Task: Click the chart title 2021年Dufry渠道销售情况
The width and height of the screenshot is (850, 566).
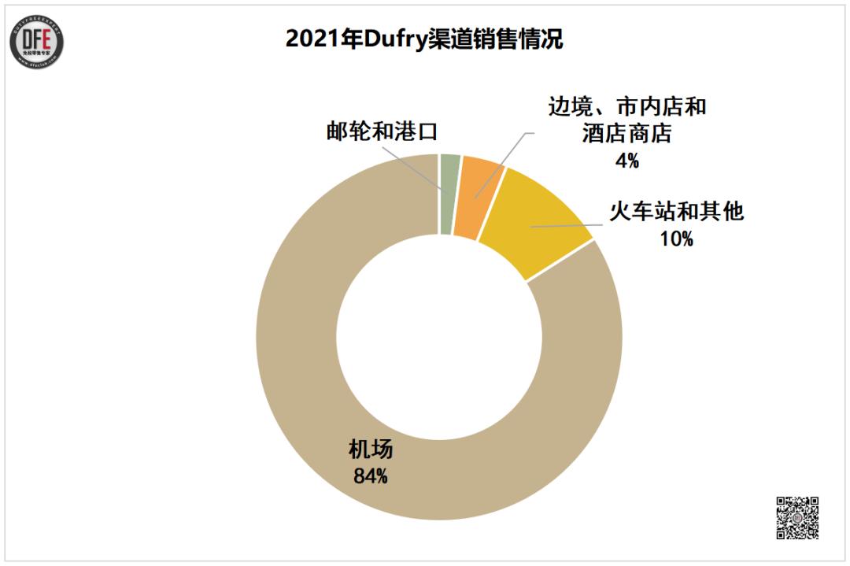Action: (x=424, y=39)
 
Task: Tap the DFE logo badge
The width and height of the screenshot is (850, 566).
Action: (x=37, y=40)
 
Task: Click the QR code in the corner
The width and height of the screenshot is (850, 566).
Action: (x=797, y=517)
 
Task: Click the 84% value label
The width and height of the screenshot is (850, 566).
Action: (x=371, y=475)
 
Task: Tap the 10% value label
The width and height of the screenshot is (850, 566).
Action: (x=677, y=239)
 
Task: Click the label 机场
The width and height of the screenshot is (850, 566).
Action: (x=371, y=451)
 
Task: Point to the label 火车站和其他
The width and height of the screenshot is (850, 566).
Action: (x=677, y=213)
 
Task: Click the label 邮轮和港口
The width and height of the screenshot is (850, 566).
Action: (x=382, y=131)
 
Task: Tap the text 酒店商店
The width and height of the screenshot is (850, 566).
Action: (x=627, y=134)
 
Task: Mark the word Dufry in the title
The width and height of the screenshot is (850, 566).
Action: (x=390, y=39)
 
